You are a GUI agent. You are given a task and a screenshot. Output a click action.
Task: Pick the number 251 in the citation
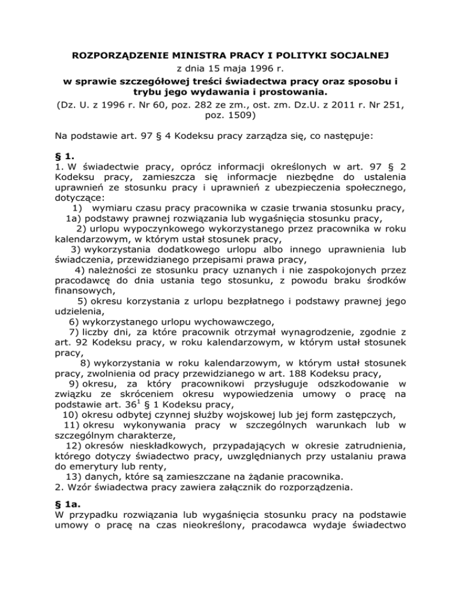394,106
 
